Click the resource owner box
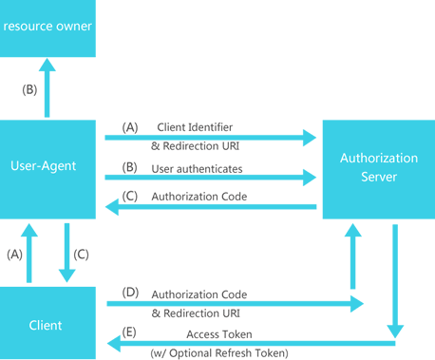point(47,26)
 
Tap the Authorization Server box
point(378,168)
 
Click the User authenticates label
point(197,169)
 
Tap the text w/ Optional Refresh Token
point(221,352)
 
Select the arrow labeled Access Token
point(247,343)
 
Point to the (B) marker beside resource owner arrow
point(28,90)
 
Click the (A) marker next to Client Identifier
point(130,126)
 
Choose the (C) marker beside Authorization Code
point(130,196)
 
